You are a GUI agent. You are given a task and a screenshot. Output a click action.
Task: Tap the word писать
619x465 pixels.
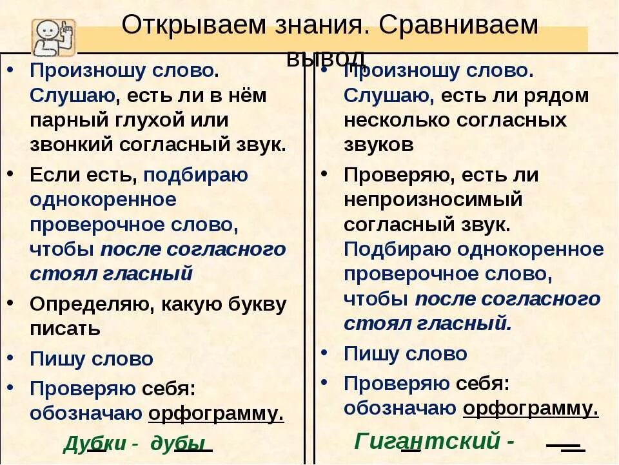tap(65, 328)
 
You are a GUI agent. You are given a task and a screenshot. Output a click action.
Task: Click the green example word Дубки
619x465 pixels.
tap(94, 444)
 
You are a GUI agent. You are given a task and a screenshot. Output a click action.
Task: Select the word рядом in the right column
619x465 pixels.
tap(556, 96)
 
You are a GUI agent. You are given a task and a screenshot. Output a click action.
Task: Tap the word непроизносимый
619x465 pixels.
tap(433, 200)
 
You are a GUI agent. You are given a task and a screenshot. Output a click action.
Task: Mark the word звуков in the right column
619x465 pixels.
tap(378, 144)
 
